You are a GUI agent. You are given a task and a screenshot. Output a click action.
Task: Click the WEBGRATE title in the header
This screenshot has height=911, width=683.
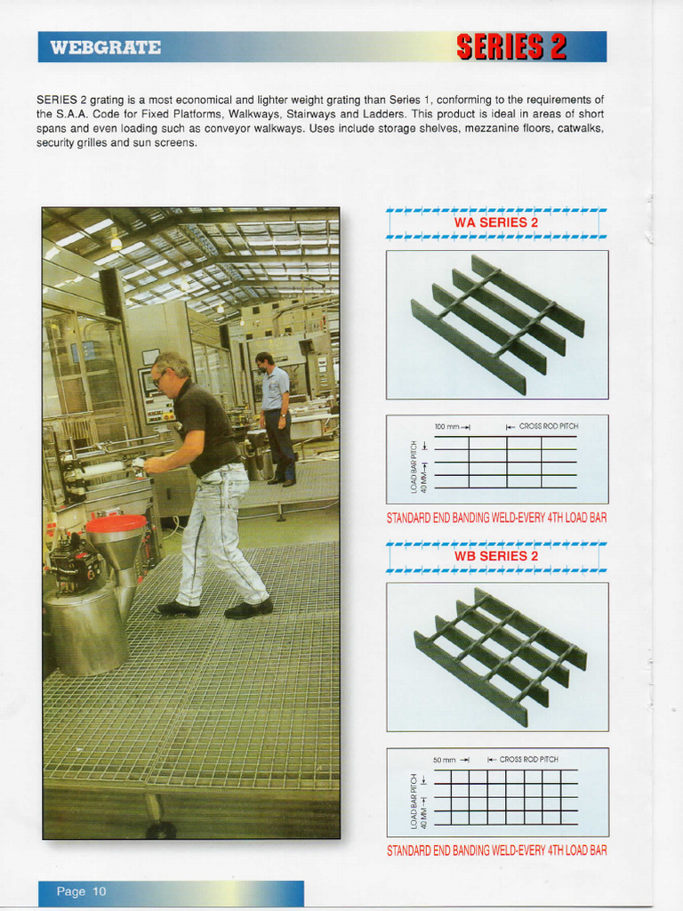(x=106, y=47)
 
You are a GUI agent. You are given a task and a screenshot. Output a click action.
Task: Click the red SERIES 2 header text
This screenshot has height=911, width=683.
(x=511, y=47)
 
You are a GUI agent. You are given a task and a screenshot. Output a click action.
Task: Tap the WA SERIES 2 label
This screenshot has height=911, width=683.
(x=496, y=222)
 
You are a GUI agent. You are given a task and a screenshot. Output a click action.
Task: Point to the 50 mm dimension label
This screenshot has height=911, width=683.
(x=444, y=760)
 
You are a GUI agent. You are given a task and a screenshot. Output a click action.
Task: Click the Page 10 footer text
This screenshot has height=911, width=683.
(x=81, y=891)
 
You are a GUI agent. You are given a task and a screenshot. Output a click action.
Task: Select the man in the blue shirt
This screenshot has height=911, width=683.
(x=277, y=418)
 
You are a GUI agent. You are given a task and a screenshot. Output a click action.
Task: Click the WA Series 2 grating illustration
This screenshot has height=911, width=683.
(x=497, y=325)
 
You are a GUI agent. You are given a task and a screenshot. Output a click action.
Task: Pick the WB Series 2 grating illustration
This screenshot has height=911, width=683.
(x=499, y=657)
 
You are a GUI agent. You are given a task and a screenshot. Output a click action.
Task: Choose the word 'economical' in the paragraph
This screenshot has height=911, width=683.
(x=202, y=100)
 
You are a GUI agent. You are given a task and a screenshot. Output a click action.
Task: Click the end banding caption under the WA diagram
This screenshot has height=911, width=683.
(x=496, y=518)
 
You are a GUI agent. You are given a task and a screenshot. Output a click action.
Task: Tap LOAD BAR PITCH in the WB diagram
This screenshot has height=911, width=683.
(x=414, y=793)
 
